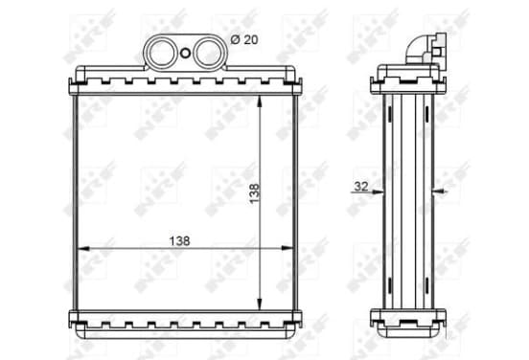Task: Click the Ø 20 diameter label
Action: pyautogui.click(x=244, y=40)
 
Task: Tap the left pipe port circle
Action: pyautogui.click(x=162, y=53)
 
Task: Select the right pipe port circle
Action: pyautogui.click(x=208, y=53)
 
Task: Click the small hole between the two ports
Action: pyautogui.click(x=185, y=53)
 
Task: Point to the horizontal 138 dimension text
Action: pyautogui.click(x=179, y=240)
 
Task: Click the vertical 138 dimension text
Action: pyautogui.click(x=255, y=192)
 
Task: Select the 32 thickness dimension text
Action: pyautogui.click(x=360, y=186)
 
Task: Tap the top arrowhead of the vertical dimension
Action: pyautogui.click(x=259, y=101)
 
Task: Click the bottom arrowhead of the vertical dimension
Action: pyautogui.click(x=259, y=304)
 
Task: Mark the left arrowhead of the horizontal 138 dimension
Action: pyautogui.click(x=83, y=249)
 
